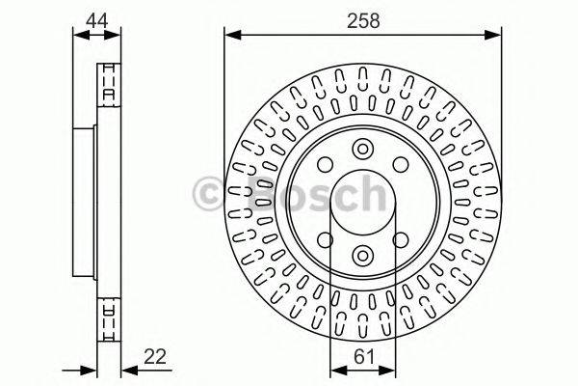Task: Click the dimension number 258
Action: coord(362,19)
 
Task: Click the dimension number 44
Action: coord(96,19)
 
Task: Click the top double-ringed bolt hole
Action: coord(362,150)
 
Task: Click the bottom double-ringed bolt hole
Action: coord(362,255)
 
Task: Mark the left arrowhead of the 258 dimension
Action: coord(231,37)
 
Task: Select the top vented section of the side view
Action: coord(109,81)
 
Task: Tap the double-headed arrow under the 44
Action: coord(97,37)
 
